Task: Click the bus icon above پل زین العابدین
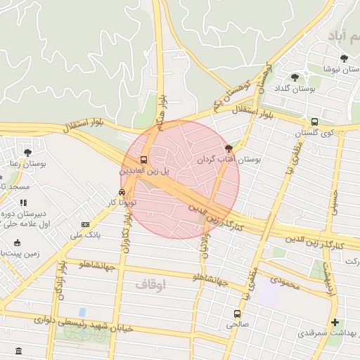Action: point(144,160)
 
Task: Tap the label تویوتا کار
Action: point(122,202)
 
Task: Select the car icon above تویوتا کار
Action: point(122,192)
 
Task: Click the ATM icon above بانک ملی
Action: point(85,224)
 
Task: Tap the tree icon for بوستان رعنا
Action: point(27,152)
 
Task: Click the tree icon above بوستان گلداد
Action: point(294,77)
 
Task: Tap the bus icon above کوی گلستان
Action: point(314,121)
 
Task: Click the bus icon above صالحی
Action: point(237,314)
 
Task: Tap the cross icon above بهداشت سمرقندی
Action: point(335,322)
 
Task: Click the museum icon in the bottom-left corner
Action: point(18,350)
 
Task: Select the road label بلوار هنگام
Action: point(164,110)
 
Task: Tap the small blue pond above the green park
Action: point(82,311)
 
